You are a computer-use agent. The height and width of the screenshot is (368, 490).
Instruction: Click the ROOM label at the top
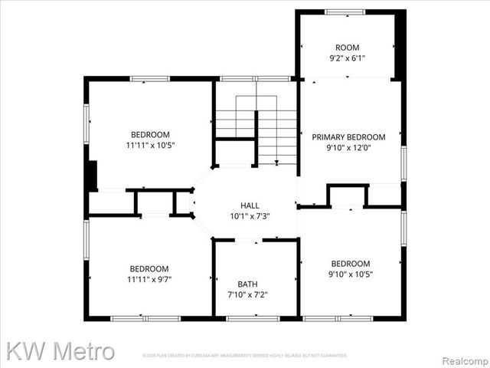(348, 48)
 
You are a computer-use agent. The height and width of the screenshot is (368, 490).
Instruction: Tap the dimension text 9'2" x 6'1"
(348, 58)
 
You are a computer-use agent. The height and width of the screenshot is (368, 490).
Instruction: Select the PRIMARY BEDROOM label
(348, 137)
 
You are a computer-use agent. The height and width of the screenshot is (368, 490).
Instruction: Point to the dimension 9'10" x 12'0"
(348, 148)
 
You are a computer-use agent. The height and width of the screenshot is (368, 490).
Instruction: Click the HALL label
(250, 205)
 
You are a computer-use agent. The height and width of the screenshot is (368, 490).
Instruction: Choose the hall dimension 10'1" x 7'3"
(250, 216)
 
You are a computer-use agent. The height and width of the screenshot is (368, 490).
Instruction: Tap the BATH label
(247, 284)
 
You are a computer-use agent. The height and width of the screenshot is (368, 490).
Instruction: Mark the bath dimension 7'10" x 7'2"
(247, 294)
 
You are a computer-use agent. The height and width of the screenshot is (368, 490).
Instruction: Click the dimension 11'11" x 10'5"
(150, 145)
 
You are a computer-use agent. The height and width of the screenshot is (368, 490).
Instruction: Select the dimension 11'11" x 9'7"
(149, 279)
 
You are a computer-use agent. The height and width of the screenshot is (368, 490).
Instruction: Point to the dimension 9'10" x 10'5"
(350, 274)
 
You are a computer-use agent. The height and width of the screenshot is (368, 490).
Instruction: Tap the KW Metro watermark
(60, 352)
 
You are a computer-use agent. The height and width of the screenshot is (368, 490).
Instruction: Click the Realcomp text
(462, 360)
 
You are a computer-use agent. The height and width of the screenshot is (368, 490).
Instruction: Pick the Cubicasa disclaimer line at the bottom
(245, 356)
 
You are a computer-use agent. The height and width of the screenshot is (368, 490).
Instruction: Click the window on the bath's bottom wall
(253, 318)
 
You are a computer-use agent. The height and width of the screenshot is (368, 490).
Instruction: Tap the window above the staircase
(255, 78)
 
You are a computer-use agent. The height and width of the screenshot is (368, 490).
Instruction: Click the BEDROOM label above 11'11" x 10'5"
(150, 134)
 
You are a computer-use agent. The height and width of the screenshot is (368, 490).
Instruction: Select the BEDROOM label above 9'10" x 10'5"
(350, 264)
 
